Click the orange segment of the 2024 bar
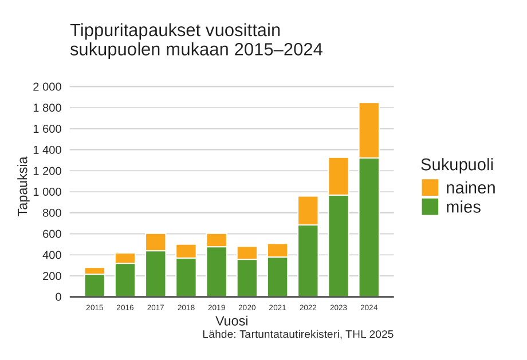pos(369,130)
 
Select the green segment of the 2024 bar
pos(369,227)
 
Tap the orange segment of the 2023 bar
pos(339,176)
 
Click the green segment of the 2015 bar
pos(95,286)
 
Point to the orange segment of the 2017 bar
pos(155,242)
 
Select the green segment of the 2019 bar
pos(217,272)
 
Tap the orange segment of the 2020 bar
pos(247,253)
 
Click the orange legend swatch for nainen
pos(430,188)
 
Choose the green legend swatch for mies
pos(430,207)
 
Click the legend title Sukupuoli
pos(457,165)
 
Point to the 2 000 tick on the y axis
pos(47,87)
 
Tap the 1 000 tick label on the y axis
pos(47,192)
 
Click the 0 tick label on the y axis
pos(58,297)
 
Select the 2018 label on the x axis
pos(186,308)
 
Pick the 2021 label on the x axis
pos(277,308)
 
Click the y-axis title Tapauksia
pos(22,187)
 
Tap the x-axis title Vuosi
pos(231,321)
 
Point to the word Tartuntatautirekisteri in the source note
pos(290,334)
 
